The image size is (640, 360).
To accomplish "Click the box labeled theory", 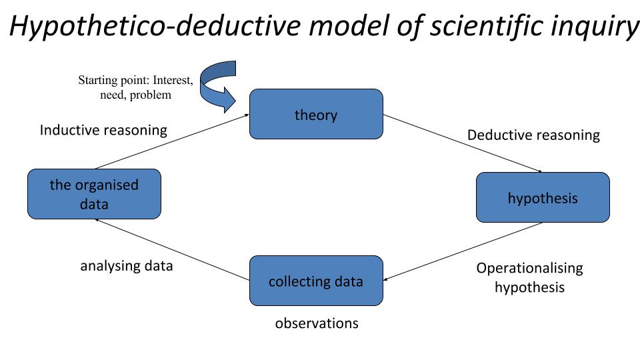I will pyautogui.click(x=316, y=114).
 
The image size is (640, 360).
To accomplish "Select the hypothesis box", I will pyautogui.click(x=543, y=197).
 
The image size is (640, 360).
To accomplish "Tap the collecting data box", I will pyautogui.click(x=316, y=281).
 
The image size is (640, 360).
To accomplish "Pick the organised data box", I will pyautogui.click(x=94, y=194).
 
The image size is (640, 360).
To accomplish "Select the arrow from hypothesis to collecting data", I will pyautogui.click(x=463, y=251).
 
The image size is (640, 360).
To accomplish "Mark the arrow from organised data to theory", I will pyautogui.click(x=172, y=142).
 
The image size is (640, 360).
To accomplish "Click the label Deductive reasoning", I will pyautogui.click(x=533, y=135).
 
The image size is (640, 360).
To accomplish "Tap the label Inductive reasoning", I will pyautogui.click(x=103, y=130).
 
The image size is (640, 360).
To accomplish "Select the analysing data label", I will pyautogui.click(x=127, y=265).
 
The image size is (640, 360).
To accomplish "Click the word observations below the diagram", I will pyautogui.click(x=317, y=323).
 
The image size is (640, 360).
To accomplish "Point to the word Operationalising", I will pyautogui.click(x=529, y=268).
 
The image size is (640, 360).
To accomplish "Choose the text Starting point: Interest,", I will pyautogui.click(x=135, y=81).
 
